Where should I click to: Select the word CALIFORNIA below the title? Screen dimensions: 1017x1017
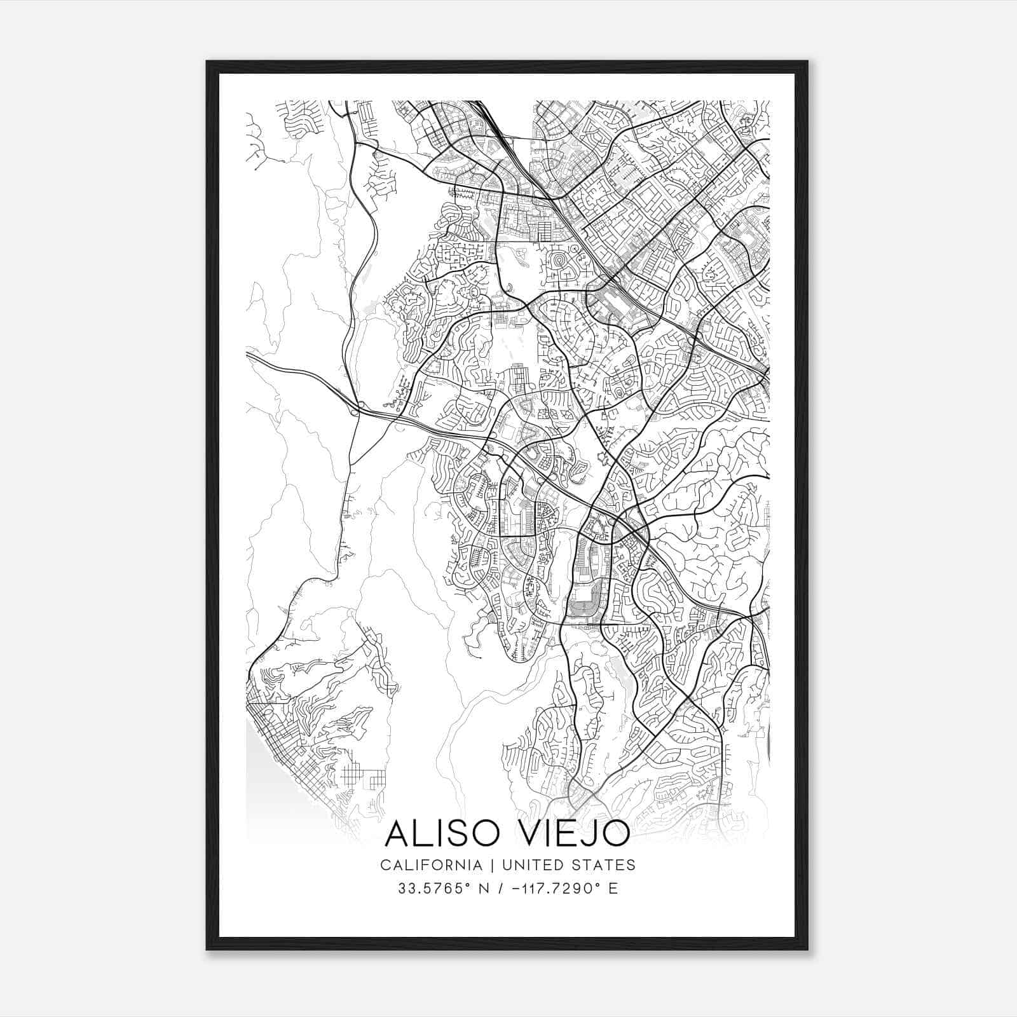430,865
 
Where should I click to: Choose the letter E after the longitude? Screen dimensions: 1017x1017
613,888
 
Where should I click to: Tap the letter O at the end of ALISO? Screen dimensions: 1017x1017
488,834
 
